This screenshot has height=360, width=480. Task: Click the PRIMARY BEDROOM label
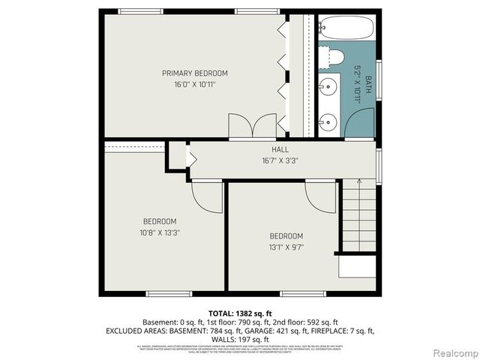click(x=194, y=73)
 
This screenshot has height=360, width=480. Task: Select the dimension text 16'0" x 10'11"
click(x=194, y=84)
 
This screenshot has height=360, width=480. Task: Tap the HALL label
click(x=280, y=149)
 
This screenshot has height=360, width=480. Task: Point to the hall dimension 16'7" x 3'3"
click(x=280, y=160)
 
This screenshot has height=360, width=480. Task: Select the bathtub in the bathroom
click(x=345, y=28)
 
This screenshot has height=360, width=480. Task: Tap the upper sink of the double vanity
click(x=328, y=88)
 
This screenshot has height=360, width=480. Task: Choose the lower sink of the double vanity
click(x=328, y=121)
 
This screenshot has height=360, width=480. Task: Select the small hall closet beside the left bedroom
click(x=177, y=156)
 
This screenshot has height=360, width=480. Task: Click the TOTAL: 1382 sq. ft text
click(x=240, y=312)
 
